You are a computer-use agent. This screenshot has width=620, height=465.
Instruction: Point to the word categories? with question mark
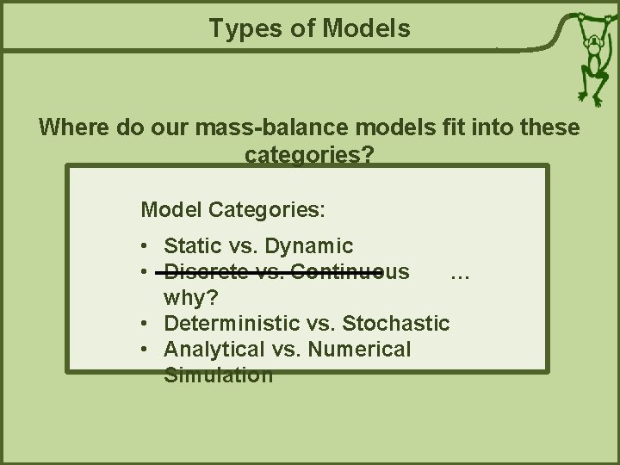tap(309, 156)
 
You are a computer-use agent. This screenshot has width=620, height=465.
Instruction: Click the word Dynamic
tap(309, 246)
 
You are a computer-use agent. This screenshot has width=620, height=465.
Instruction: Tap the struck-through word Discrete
tap(200, 272)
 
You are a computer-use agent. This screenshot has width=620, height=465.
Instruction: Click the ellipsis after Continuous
tap(459, 272)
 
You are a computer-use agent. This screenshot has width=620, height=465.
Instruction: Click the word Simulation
tap(219, 375)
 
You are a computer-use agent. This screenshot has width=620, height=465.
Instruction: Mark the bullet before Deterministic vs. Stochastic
tap(147, 325)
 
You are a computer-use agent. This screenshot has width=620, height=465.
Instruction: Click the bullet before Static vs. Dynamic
tap(147, 247)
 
